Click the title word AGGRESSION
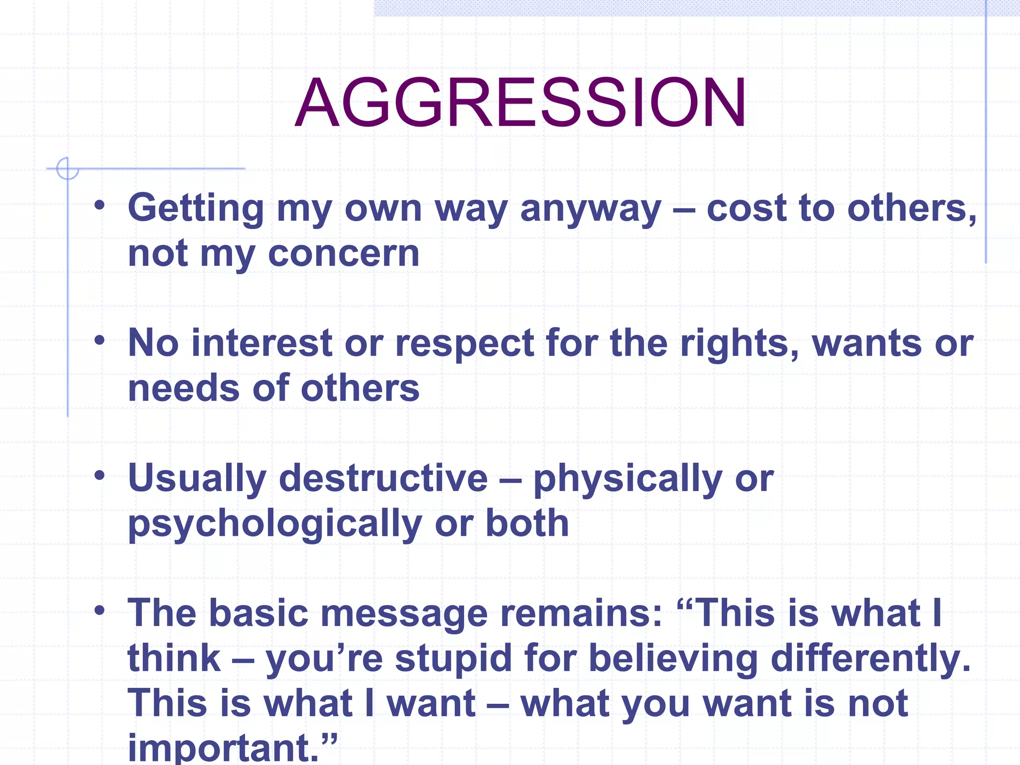pyautogui.click(x=520, y=103)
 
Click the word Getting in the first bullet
pyautogui.click(x=196, y=209)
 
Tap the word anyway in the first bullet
pyautogui.click(x=591, y=209)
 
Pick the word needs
pyautogui.click(x=184, y=388)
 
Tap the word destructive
pyautogui.click(x=383, y=478)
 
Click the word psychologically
pyautogui.click(x=275, y=524)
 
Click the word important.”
pyautogui.click(x=232, y=747)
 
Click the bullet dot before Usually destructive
pyautogui.click(x=100, y=475)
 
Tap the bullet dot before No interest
pyautogui.click(x=100, y=340)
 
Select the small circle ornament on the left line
pyautogui.click(x=67, y=168)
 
